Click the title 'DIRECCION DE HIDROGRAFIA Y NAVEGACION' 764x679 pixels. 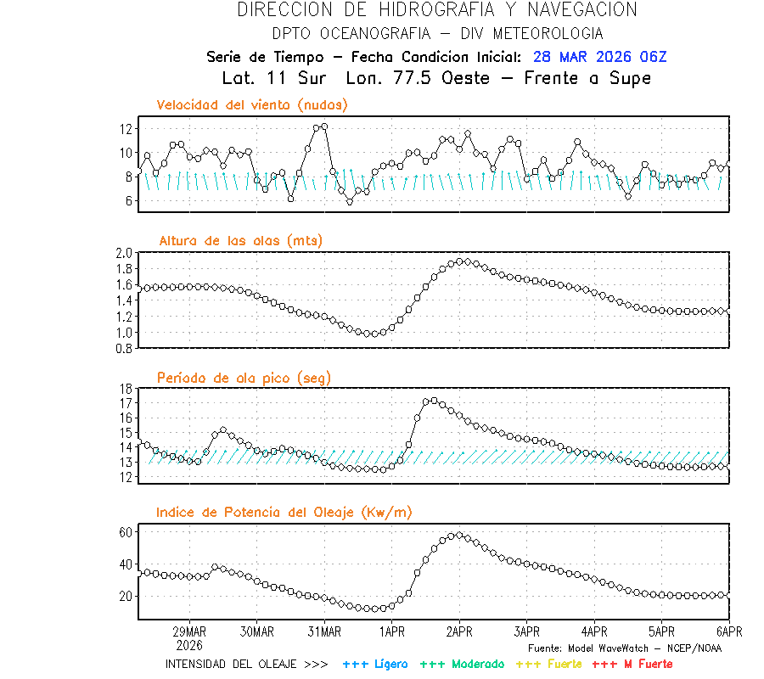[436, 10]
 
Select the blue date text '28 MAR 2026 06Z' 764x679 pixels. [600, 57]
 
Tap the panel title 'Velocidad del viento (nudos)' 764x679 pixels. [252, 105]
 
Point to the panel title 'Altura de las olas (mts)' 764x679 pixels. [240, 241]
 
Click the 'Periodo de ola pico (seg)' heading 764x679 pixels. [244, 378]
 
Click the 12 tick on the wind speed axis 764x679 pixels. [126, 129]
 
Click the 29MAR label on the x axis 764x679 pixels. [189, 632]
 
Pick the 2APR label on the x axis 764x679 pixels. [459, 632]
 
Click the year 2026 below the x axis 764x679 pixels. [189, 645]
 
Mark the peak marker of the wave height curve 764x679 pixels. [459, 261]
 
